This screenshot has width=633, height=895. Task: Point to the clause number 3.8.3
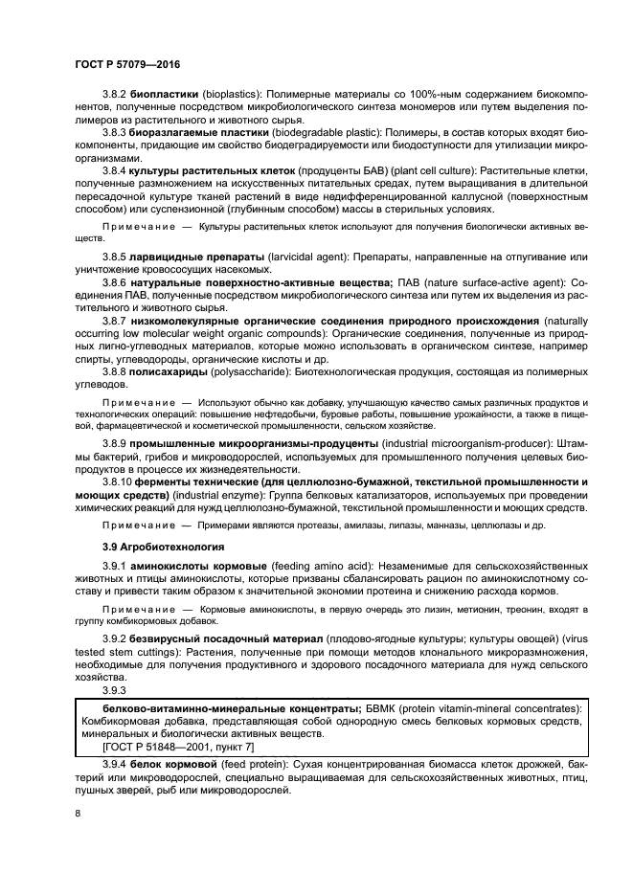pyautogui.click(x=115, y=130)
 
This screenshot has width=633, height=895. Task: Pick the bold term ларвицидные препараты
pyautogui.click(x=193, y=257)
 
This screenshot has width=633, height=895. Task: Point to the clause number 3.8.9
pyautogui.click(x=115, y=445)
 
